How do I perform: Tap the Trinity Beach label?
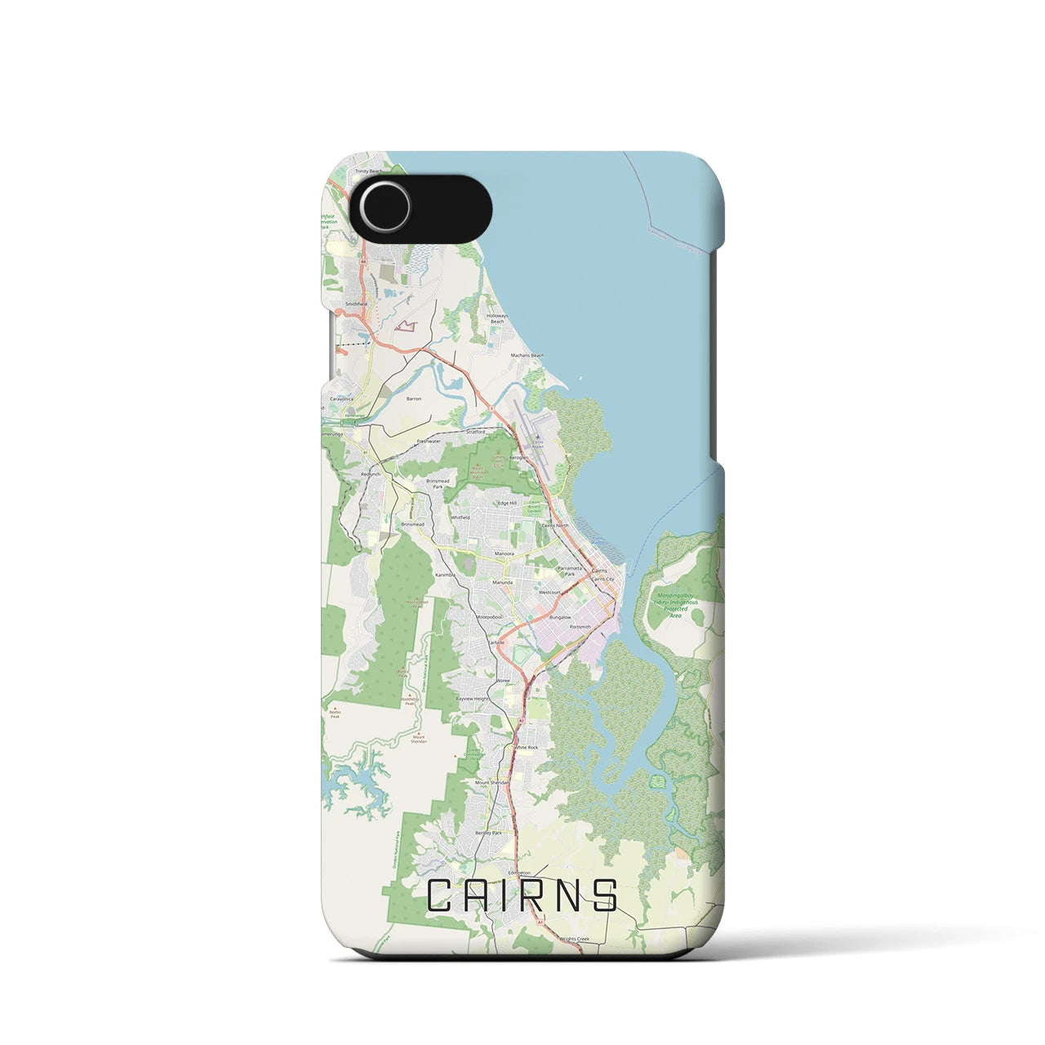367,171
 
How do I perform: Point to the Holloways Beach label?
497,319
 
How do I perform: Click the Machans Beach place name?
527,356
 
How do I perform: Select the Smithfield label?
356,304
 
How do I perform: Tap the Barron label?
414,399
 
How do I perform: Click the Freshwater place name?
429,441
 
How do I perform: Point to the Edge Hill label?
508,503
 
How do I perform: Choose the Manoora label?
503,554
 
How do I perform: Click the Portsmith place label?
580,627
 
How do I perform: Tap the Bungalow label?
560,618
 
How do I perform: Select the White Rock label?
526,747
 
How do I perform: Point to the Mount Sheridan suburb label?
492,782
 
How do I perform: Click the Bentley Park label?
488,833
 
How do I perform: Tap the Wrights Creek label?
574,940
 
